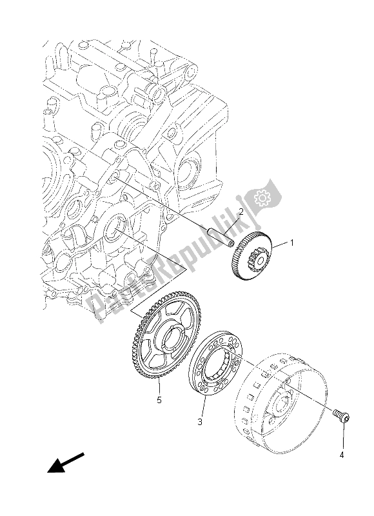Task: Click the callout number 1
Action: click(x=291, y=244)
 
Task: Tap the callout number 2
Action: click(x=240, y=212)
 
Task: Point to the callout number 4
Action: click(x=342, y=455)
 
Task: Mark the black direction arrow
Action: click(x=66, y=462)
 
